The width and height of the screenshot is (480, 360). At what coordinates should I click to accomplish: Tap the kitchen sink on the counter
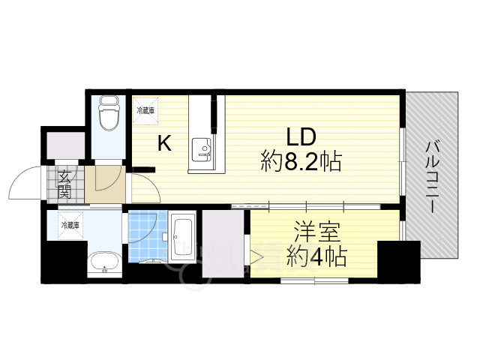click(202, 148)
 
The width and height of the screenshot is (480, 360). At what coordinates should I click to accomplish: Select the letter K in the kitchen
click(164, 143)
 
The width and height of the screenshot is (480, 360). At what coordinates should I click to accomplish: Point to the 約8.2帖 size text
click(303, 161)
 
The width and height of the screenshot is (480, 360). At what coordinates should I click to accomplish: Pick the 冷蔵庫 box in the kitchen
click(146, 110)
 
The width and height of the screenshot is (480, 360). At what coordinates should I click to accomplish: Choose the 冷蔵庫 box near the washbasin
click(70, 224)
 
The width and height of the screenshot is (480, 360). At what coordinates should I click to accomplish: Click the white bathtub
click(183, 237)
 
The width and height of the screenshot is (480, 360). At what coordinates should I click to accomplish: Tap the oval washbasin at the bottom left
click(103, 263)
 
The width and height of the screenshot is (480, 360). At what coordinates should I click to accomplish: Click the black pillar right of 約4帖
click(388, 260)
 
